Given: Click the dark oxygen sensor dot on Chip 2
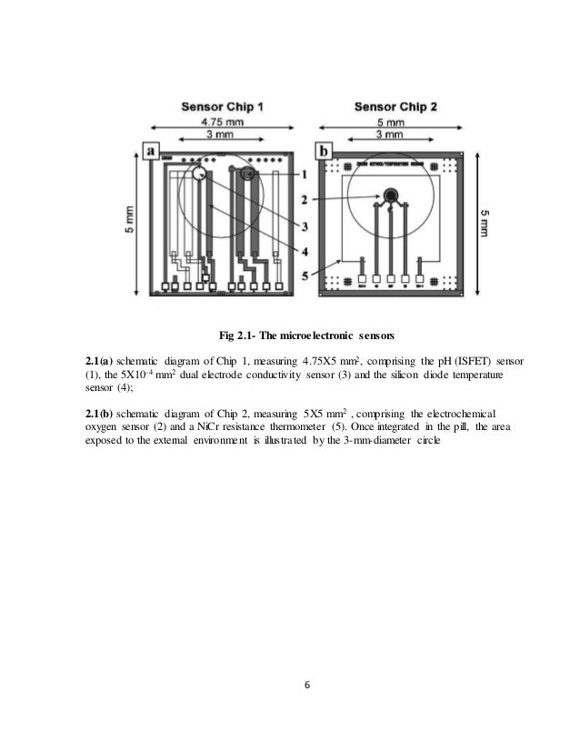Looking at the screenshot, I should [390, 195].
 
